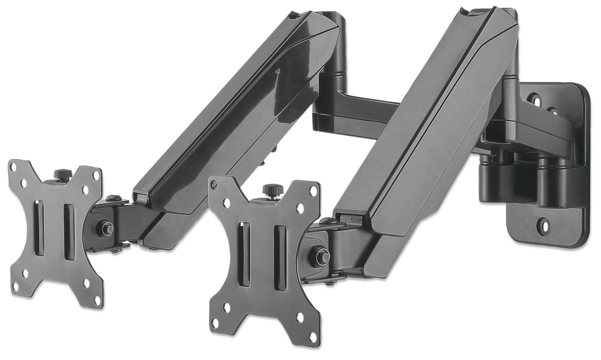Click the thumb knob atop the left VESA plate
tap(63, 174)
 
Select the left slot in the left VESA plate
tap(39, 227)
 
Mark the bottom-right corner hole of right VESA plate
tap(313, 337)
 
